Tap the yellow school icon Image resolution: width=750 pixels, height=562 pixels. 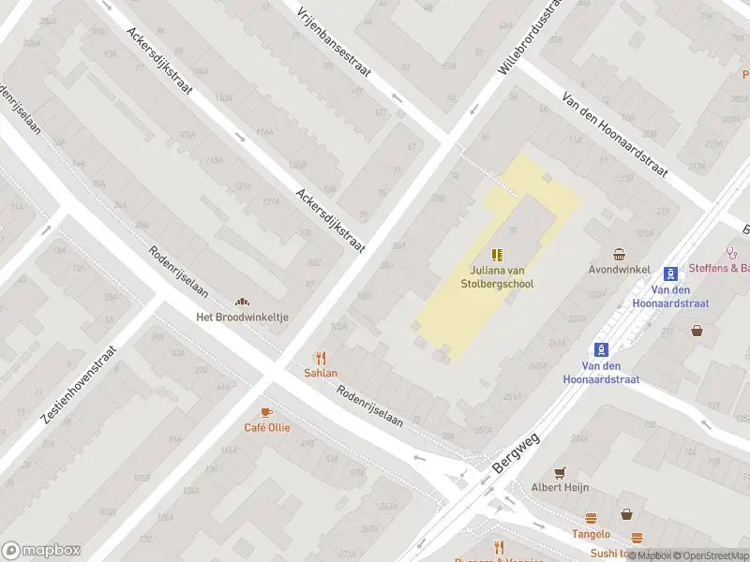coord(497,254)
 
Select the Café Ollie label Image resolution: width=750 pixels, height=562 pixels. coord(267,428)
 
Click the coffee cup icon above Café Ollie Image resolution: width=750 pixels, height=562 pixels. coord(266,412)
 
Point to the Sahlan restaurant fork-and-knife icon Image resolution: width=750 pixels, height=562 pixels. coord(321,357)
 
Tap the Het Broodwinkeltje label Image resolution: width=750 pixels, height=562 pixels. coord(242,317)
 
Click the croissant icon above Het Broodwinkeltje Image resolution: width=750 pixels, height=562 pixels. coord(242,301)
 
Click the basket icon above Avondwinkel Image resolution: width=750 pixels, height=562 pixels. coord(620,255)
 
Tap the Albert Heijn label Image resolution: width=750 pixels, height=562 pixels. coord(560,487)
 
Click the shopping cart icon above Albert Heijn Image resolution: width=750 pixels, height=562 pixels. coord(560,472)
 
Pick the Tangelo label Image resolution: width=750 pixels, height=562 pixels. coord(592,534)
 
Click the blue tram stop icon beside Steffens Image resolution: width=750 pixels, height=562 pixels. coord(671,274)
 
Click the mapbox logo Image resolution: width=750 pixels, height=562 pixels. coord(40,551)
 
